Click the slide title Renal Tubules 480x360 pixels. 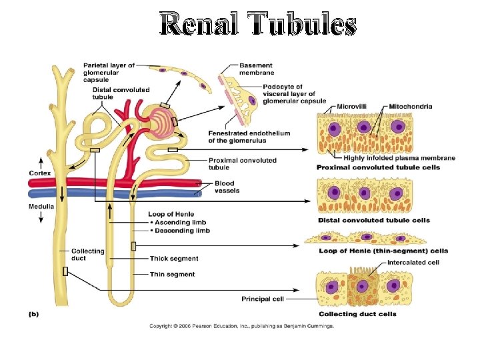(x=258, y=25)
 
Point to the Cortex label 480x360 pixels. (x=39, y=173)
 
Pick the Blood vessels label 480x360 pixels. (x=227, y=187)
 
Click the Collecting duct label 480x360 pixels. (x=88, y=255)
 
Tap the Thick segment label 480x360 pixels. (x=174, y=259)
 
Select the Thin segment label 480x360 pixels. (x=173, y=275)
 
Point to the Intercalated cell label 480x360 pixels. (x=415, y=263)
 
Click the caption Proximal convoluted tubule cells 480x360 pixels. (x=378, y=167)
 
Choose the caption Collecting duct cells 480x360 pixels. (x=357, y=314)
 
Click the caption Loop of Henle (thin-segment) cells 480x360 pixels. (x=383, y=251)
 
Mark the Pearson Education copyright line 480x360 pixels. (x=241, y=326)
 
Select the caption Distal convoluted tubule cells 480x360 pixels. (x=373, y=220)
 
